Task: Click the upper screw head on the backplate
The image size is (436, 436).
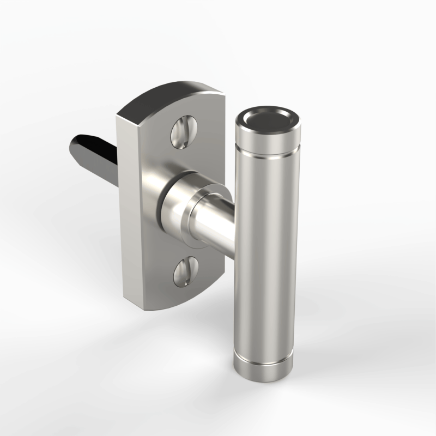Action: (x=183, y=133)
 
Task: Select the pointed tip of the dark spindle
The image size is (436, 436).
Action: (x=74, y=143)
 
